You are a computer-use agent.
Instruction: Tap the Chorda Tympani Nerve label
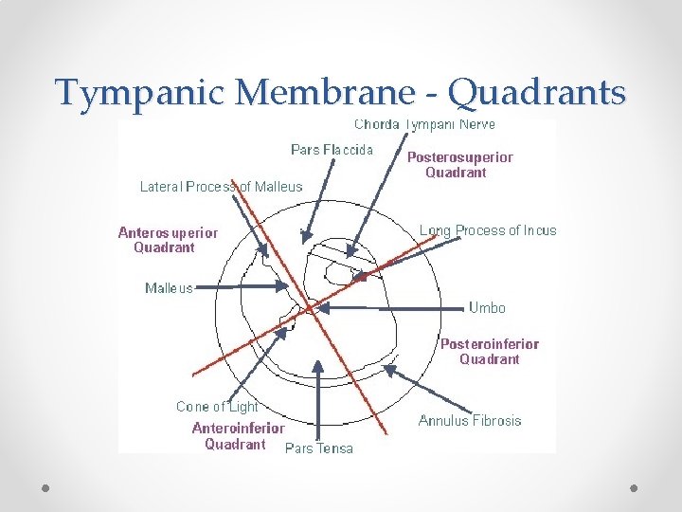(x=424, y=124)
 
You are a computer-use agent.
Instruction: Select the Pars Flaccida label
(x=332, y=149)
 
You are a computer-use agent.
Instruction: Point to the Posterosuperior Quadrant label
(x=459, y=164)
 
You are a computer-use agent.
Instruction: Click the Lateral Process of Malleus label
(x=222, y=187)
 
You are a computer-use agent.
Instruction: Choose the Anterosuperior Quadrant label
(x=168, y=240)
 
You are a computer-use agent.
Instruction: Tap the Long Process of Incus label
(x=488, y=230)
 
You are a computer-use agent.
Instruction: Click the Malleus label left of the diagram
(x=169, y=288)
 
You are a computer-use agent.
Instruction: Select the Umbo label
(x=487, y=307)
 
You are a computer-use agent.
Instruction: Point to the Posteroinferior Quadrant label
(x=489, y=351)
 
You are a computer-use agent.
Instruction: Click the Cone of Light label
(x=217, y=406)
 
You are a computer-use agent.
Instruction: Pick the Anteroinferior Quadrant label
(x=238, y=435)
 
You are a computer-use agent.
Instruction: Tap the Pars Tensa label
(x=319, y=448)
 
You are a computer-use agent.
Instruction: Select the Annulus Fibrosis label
(x=470, y=420)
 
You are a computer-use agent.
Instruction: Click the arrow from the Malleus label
(x=251, y=286)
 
